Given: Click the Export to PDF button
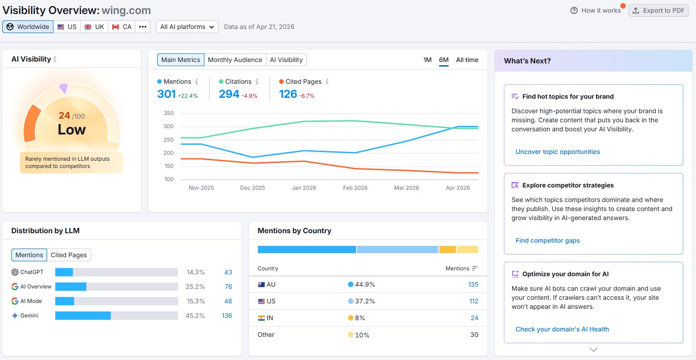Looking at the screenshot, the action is [658, 10].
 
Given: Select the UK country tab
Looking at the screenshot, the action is [94, 27].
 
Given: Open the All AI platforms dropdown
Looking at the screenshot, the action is [187, 27].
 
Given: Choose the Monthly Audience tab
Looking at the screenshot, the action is [235, 60].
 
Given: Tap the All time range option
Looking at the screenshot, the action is [467, 60].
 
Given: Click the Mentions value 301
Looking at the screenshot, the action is [167, 94].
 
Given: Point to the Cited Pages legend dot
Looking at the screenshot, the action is [281, 82].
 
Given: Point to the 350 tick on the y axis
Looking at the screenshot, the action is [169, 113].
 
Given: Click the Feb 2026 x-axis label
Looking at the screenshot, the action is [355, 187].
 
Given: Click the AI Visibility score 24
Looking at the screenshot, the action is [64, 115].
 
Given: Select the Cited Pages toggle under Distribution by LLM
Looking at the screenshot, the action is [69, 255].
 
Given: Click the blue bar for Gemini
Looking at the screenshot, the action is [83, 316].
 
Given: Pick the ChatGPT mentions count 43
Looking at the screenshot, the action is [228, 272].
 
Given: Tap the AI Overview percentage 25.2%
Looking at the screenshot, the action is [195, 287].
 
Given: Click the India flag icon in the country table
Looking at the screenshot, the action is [261, 318].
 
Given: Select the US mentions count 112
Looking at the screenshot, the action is [474, 301].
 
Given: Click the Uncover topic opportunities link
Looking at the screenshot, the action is [558, 152].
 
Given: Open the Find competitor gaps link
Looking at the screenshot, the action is [547, 241].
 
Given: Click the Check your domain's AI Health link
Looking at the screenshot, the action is [562, 329].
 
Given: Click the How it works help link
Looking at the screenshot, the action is [596, 10].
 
